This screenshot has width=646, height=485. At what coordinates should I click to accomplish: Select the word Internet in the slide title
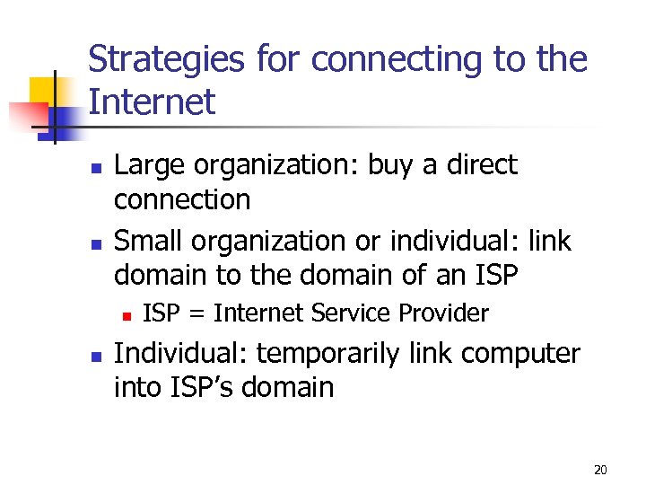pos(152,101)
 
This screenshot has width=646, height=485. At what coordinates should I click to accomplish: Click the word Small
pos(146,242)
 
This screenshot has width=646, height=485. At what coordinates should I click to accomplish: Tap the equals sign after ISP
pos(196,313)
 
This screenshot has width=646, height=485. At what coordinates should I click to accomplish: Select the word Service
pos(350,313)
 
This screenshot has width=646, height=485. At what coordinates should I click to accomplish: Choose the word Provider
pos(444,313)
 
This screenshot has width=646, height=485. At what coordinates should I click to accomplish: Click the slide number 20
pos(601,470)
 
